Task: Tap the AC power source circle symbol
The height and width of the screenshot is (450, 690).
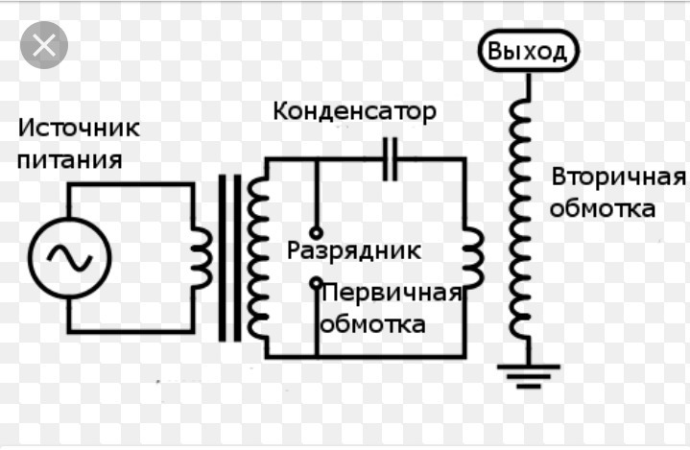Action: pos(69,257)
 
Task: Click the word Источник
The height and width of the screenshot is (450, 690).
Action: pos(80,128)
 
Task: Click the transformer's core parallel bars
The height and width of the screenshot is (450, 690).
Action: pos(229,257)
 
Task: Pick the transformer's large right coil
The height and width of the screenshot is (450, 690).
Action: pos(257,257)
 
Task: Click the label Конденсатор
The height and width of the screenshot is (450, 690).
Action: pos(355,111)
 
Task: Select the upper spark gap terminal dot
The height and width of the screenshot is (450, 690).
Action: pos(316,232)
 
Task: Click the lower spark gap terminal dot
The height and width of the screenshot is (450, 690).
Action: pos(316,283)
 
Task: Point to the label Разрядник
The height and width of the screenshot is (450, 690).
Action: pos(354,251)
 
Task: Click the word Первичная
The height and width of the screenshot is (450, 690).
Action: pos(393,292)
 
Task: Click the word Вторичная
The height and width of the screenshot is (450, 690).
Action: pos(618,178)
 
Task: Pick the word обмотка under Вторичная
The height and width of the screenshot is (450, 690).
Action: pos(603,208)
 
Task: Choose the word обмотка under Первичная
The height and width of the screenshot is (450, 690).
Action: pos(372,324)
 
